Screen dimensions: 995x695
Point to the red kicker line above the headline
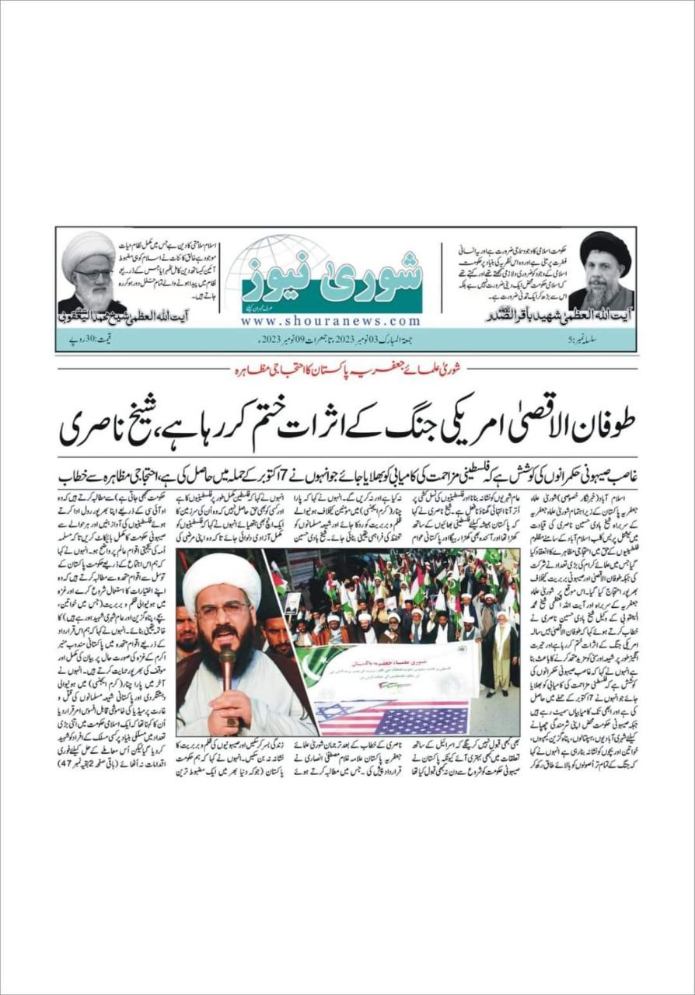point(347,372)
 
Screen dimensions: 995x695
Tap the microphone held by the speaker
point(226,662)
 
